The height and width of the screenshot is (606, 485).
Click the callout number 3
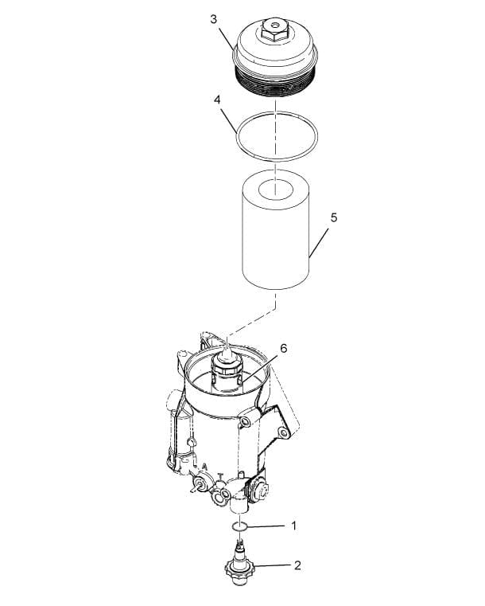tap(214, 18)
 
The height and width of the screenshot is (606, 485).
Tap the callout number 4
tap(216, 100)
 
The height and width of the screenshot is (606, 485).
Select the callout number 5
tap(334, 217)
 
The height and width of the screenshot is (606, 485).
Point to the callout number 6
tap(282, 348)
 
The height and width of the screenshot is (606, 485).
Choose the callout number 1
tap(293, 526)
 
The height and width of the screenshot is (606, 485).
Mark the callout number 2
tap(297, 566)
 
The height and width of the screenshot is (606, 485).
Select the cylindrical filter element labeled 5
tap(274, 239)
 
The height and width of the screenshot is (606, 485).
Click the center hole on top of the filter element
tap(274, 190)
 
